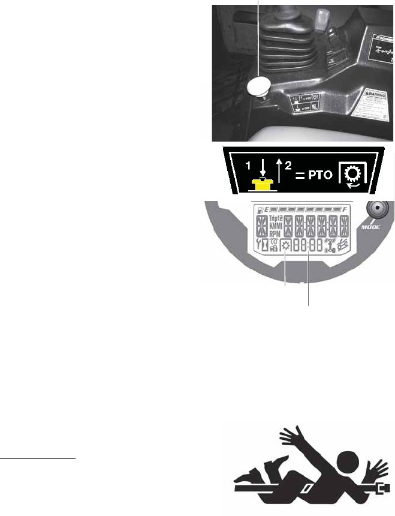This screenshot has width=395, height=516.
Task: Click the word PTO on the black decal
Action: pyautogui.click(x=320, y=176)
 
